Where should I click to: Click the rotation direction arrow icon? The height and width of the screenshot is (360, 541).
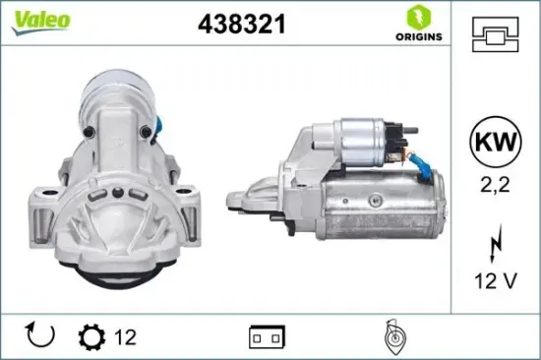(40, 336)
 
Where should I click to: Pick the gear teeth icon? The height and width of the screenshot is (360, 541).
(91, 337)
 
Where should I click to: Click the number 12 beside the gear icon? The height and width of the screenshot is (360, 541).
(124, 337)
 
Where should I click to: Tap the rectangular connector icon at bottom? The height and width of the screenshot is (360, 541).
(264, 337)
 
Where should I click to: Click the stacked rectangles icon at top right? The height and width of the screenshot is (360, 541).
(501, 36)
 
